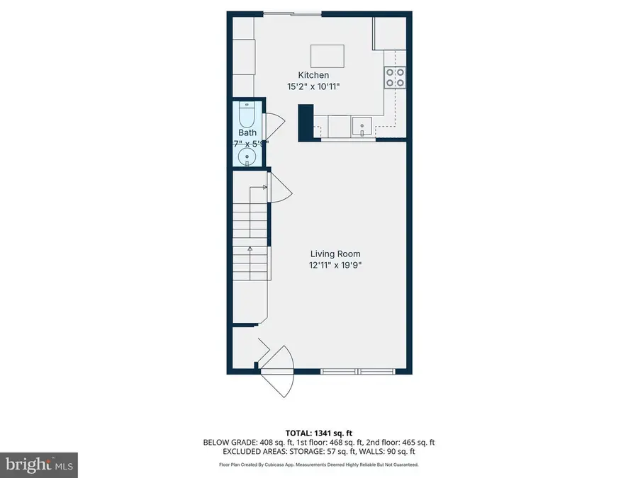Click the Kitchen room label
[x=313, y=75]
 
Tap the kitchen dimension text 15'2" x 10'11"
[x=313, y=86]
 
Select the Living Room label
[x=335, y=254]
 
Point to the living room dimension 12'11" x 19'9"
[x=335, y=266]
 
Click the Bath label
[x=247, y=132]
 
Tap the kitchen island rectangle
[x=328, y=55]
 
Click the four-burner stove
[x=395, y=76]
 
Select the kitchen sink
[x=362, y=127]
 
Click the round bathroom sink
[x=247, y=157]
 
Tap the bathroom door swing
[x=274, y=125]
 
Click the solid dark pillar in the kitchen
[x=306, y=121]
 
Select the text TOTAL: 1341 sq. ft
[x=318, y=431]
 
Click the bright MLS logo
[x=39, y=465]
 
